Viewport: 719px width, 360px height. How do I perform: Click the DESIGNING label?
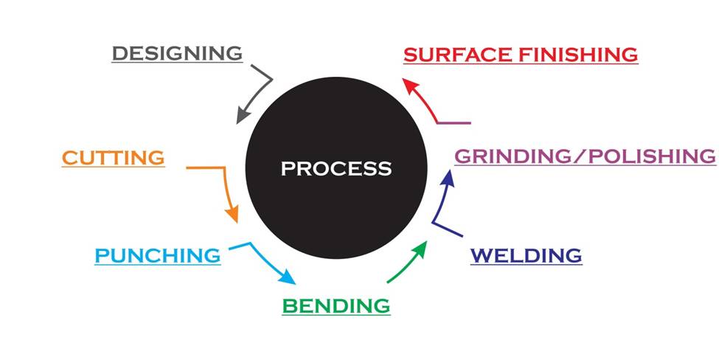177,53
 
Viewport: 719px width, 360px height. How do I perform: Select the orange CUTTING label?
113,157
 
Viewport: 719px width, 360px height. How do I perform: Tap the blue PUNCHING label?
157,256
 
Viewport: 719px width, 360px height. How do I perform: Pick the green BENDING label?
336,305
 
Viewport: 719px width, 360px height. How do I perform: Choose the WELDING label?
526,256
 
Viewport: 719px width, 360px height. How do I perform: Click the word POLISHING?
649,156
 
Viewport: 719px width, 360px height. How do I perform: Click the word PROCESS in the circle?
336,168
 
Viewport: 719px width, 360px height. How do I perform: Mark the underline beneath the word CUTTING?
113,167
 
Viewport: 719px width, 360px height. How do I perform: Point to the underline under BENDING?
336,316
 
